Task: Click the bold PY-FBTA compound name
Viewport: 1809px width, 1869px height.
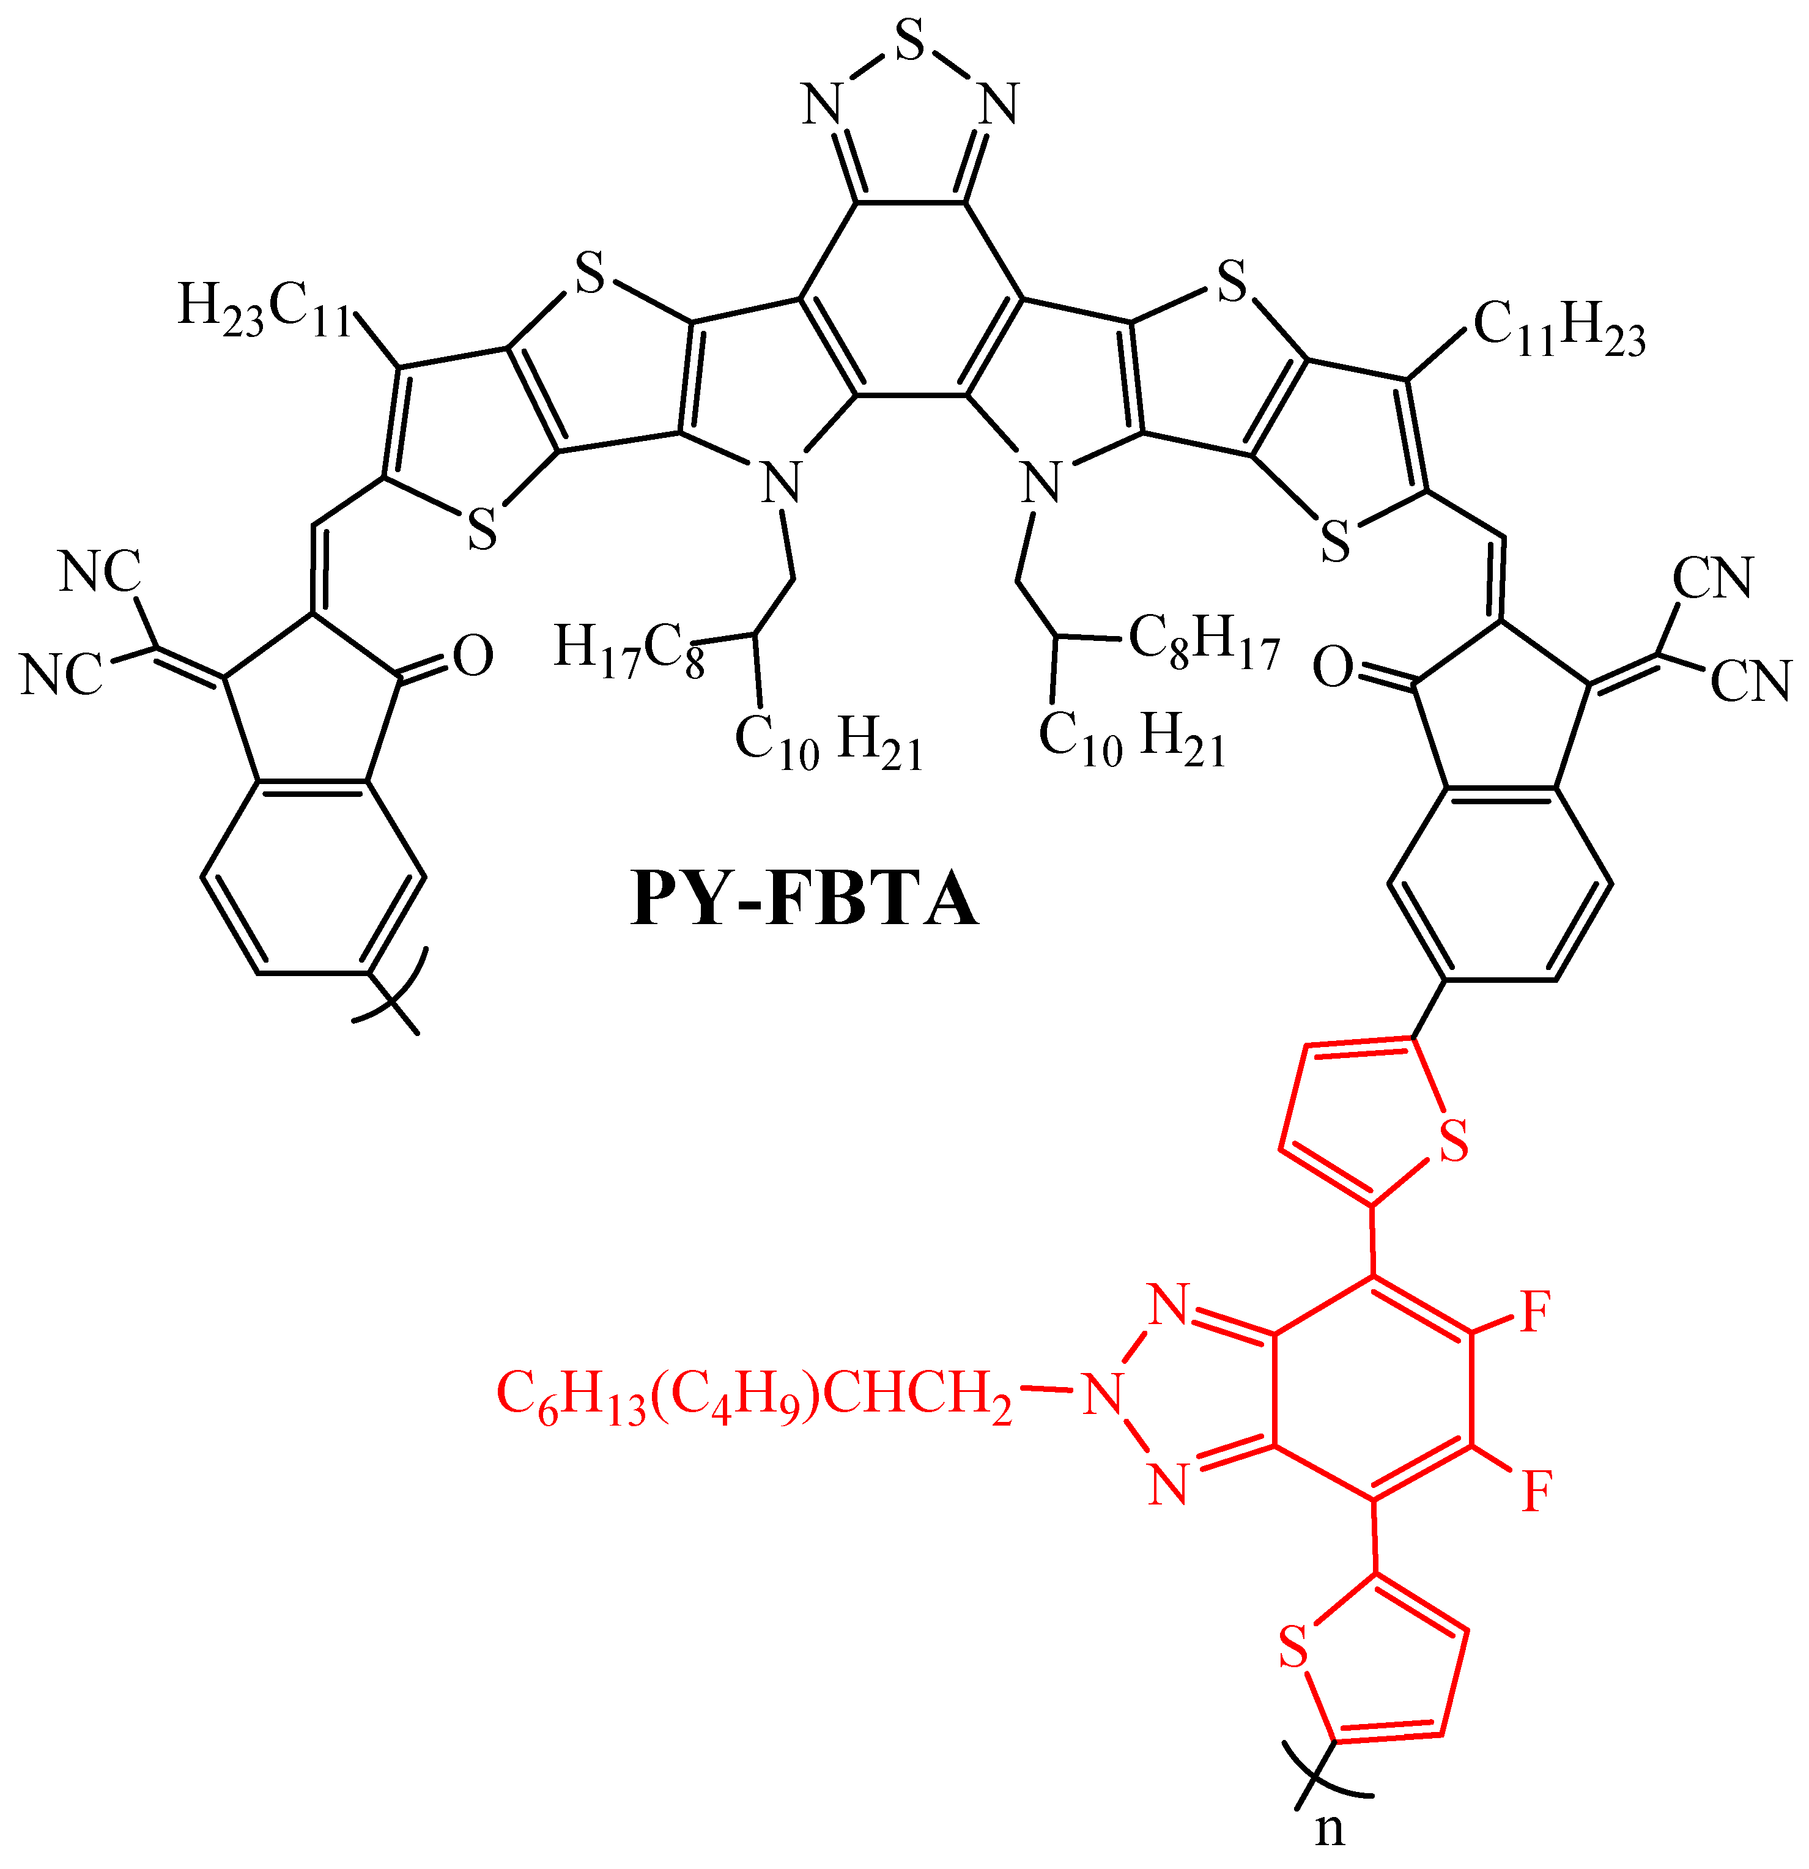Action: click(804, 899)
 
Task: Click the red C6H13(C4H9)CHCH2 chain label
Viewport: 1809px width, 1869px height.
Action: click(754, 1398)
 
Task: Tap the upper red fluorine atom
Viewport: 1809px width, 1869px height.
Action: click(1535, 1313)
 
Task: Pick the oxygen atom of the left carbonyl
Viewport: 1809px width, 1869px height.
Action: click(472, 656)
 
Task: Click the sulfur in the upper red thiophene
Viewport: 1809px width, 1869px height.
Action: click(1453, 1143)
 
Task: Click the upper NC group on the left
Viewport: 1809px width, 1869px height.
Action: click(100, 572)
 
